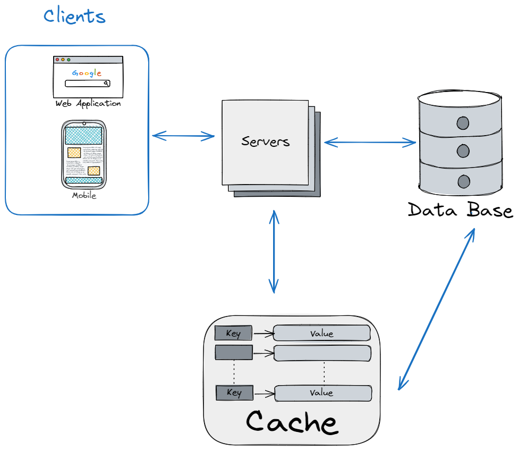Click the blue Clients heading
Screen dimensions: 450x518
74,16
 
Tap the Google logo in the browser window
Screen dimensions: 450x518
87,73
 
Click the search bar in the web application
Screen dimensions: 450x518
88,84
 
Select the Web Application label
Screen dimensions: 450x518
88,103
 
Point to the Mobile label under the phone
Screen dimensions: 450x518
84,195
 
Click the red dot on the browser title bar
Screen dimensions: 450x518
57,60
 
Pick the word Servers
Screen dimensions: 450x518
266,141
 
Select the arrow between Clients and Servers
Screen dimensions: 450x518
183,136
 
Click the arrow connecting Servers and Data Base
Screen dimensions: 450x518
370,142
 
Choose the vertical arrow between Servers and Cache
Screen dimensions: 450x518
274,252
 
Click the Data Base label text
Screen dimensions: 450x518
460,210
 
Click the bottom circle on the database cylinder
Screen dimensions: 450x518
463,181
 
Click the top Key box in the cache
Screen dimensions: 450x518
233,334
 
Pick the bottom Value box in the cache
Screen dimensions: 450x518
322,393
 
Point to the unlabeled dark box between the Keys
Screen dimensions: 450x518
234,353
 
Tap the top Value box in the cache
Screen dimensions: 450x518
321,334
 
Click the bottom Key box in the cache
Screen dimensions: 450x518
234,393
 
